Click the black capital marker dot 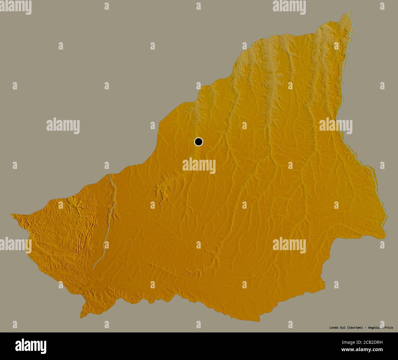pos(199,142)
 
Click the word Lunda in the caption pos(334,328)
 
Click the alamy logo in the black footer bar pos(31,346)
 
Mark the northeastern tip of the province pos(350,12)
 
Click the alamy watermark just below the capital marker pos(199,166)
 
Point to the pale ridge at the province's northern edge pos(269,61)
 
